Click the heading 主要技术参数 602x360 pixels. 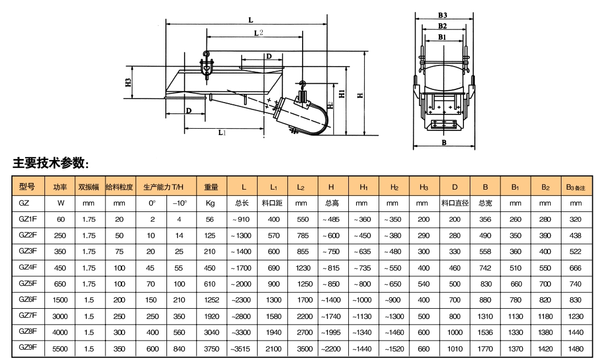51,163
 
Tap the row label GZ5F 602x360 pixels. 29,283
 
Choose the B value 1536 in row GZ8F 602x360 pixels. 485,332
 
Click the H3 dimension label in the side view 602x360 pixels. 128,83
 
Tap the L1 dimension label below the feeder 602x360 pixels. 222,132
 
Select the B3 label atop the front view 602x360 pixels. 442,15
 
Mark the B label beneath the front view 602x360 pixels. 444,142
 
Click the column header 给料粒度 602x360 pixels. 119,187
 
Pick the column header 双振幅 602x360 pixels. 88,187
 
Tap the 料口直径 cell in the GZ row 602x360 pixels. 454,203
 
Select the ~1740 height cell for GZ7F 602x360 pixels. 331,316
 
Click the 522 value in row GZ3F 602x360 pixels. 576,251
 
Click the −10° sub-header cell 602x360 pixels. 180,203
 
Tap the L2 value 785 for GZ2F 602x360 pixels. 301,235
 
